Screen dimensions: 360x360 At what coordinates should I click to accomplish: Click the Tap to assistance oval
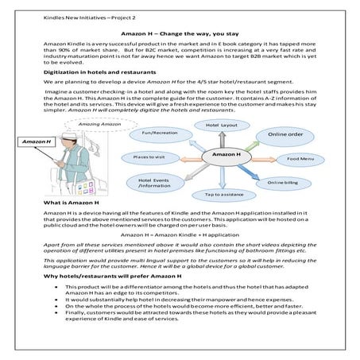tap(223, 194)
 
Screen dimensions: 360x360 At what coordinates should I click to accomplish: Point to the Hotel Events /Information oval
tap(153, 184)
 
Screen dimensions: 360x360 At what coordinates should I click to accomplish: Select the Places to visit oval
tap(148, 158)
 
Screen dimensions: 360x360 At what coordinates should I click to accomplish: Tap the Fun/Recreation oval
tap(158, 133)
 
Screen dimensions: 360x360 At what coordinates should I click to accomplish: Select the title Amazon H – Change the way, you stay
tap(180, 35)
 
